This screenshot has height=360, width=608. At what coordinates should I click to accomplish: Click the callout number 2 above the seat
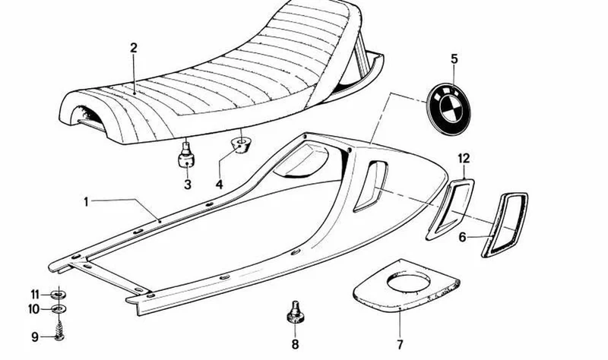[134, 48]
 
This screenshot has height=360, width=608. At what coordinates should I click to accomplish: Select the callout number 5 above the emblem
[454, 59]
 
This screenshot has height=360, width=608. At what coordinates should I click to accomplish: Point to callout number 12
[464, 159]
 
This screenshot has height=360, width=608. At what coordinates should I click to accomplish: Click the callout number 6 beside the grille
[462, 237]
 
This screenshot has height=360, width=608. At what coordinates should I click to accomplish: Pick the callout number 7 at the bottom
[400, 344]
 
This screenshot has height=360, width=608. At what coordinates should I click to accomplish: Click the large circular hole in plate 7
[408, 283]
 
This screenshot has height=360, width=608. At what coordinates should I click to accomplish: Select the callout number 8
[295, 344]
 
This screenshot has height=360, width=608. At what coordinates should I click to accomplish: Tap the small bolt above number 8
[295, 312]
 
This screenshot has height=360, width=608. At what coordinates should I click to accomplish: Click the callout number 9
[35, 337]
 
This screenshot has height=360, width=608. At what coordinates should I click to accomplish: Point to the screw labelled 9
[59, 332]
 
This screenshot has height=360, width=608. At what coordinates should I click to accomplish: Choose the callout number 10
[33, 309]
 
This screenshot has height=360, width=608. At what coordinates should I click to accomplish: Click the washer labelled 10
[59, 309]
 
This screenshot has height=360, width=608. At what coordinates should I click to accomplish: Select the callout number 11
[35, 295]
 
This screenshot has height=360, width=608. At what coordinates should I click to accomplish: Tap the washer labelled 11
[59, 295]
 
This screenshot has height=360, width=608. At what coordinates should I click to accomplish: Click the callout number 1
[86, 202]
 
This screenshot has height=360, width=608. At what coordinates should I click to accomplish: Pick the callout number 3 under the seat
[188, 185]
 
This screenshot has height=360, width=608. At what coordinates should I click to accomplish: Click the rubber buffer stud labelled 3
[186, 155]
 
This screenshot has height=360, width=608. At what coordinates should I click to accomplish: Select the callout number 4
[220, 185]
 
